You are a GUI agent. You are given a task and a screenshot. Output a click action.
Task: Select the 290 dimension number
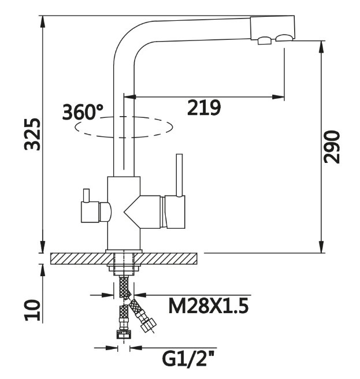332,147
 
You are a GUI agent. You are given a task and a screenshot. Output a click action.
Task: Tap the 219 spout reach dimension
203,108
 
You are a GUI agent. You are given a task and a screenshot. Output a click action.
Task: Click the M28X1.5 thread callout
208,305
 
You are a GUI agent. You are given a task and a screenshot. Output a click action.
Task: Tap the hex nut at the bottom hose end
123,333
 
